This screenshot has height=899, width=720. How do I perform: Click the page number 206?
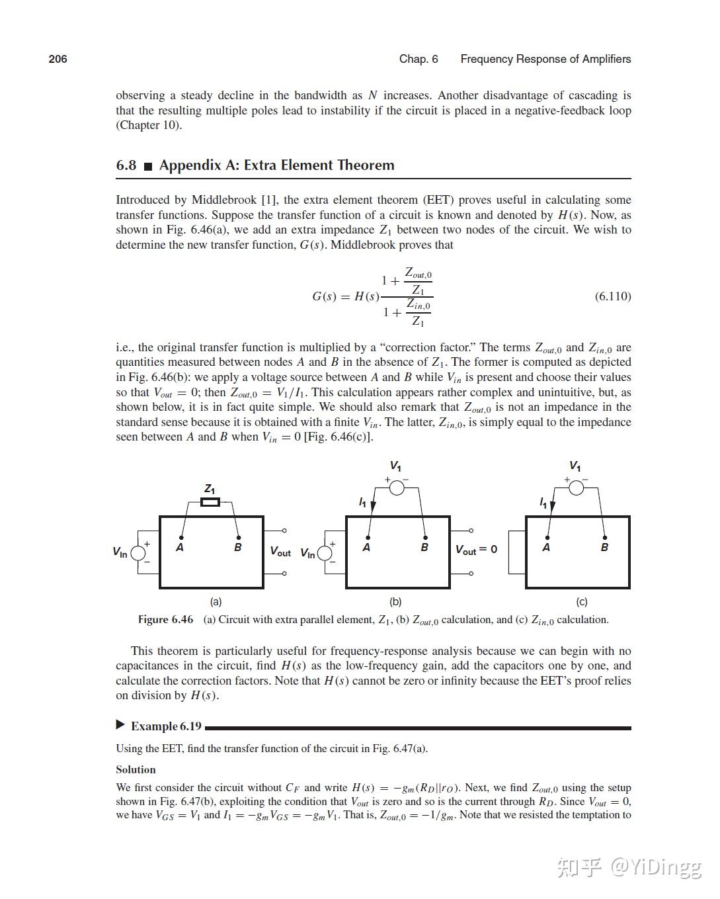coord(58,59)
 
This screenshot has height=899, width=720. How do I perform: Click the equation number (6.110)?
coord(612,296)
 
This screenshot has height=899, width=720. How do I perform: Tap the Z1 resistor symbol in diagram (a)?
coord(210,503)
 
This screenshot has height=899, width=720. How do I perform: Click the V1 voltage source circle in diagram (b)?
coord(396,488)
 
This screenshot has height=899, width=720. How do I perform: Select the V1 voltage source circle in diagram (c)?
coord(576,488)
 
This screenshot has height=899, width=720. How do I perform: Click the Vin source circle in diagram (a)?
coord(138,552)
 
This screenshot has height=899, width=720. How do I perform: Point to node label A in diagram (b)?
coord(366,548)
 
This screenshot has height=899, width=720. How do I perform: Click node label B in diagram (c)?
coord(604,548)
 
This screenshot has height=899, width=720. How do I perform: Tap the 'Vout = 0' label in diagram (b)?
coord(476,550)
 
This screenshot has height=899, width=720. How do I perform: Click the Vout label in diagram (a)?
coord(280,552)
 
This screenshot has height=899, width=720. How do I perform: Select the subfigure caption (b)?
coord(395,602)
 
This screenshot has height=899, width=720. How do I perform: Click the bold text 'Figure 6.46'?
coord(165,620)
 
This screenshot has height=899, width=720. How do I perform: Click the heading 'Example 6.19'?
coord(166,726)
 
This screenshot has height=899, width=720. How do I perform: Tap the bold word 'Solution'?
coord(136,769)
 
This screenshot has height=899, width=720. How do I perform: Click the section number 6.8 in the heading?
coord(126,165)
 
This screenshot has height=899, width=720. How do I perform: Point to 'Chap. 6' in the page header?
coord(419,59)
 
